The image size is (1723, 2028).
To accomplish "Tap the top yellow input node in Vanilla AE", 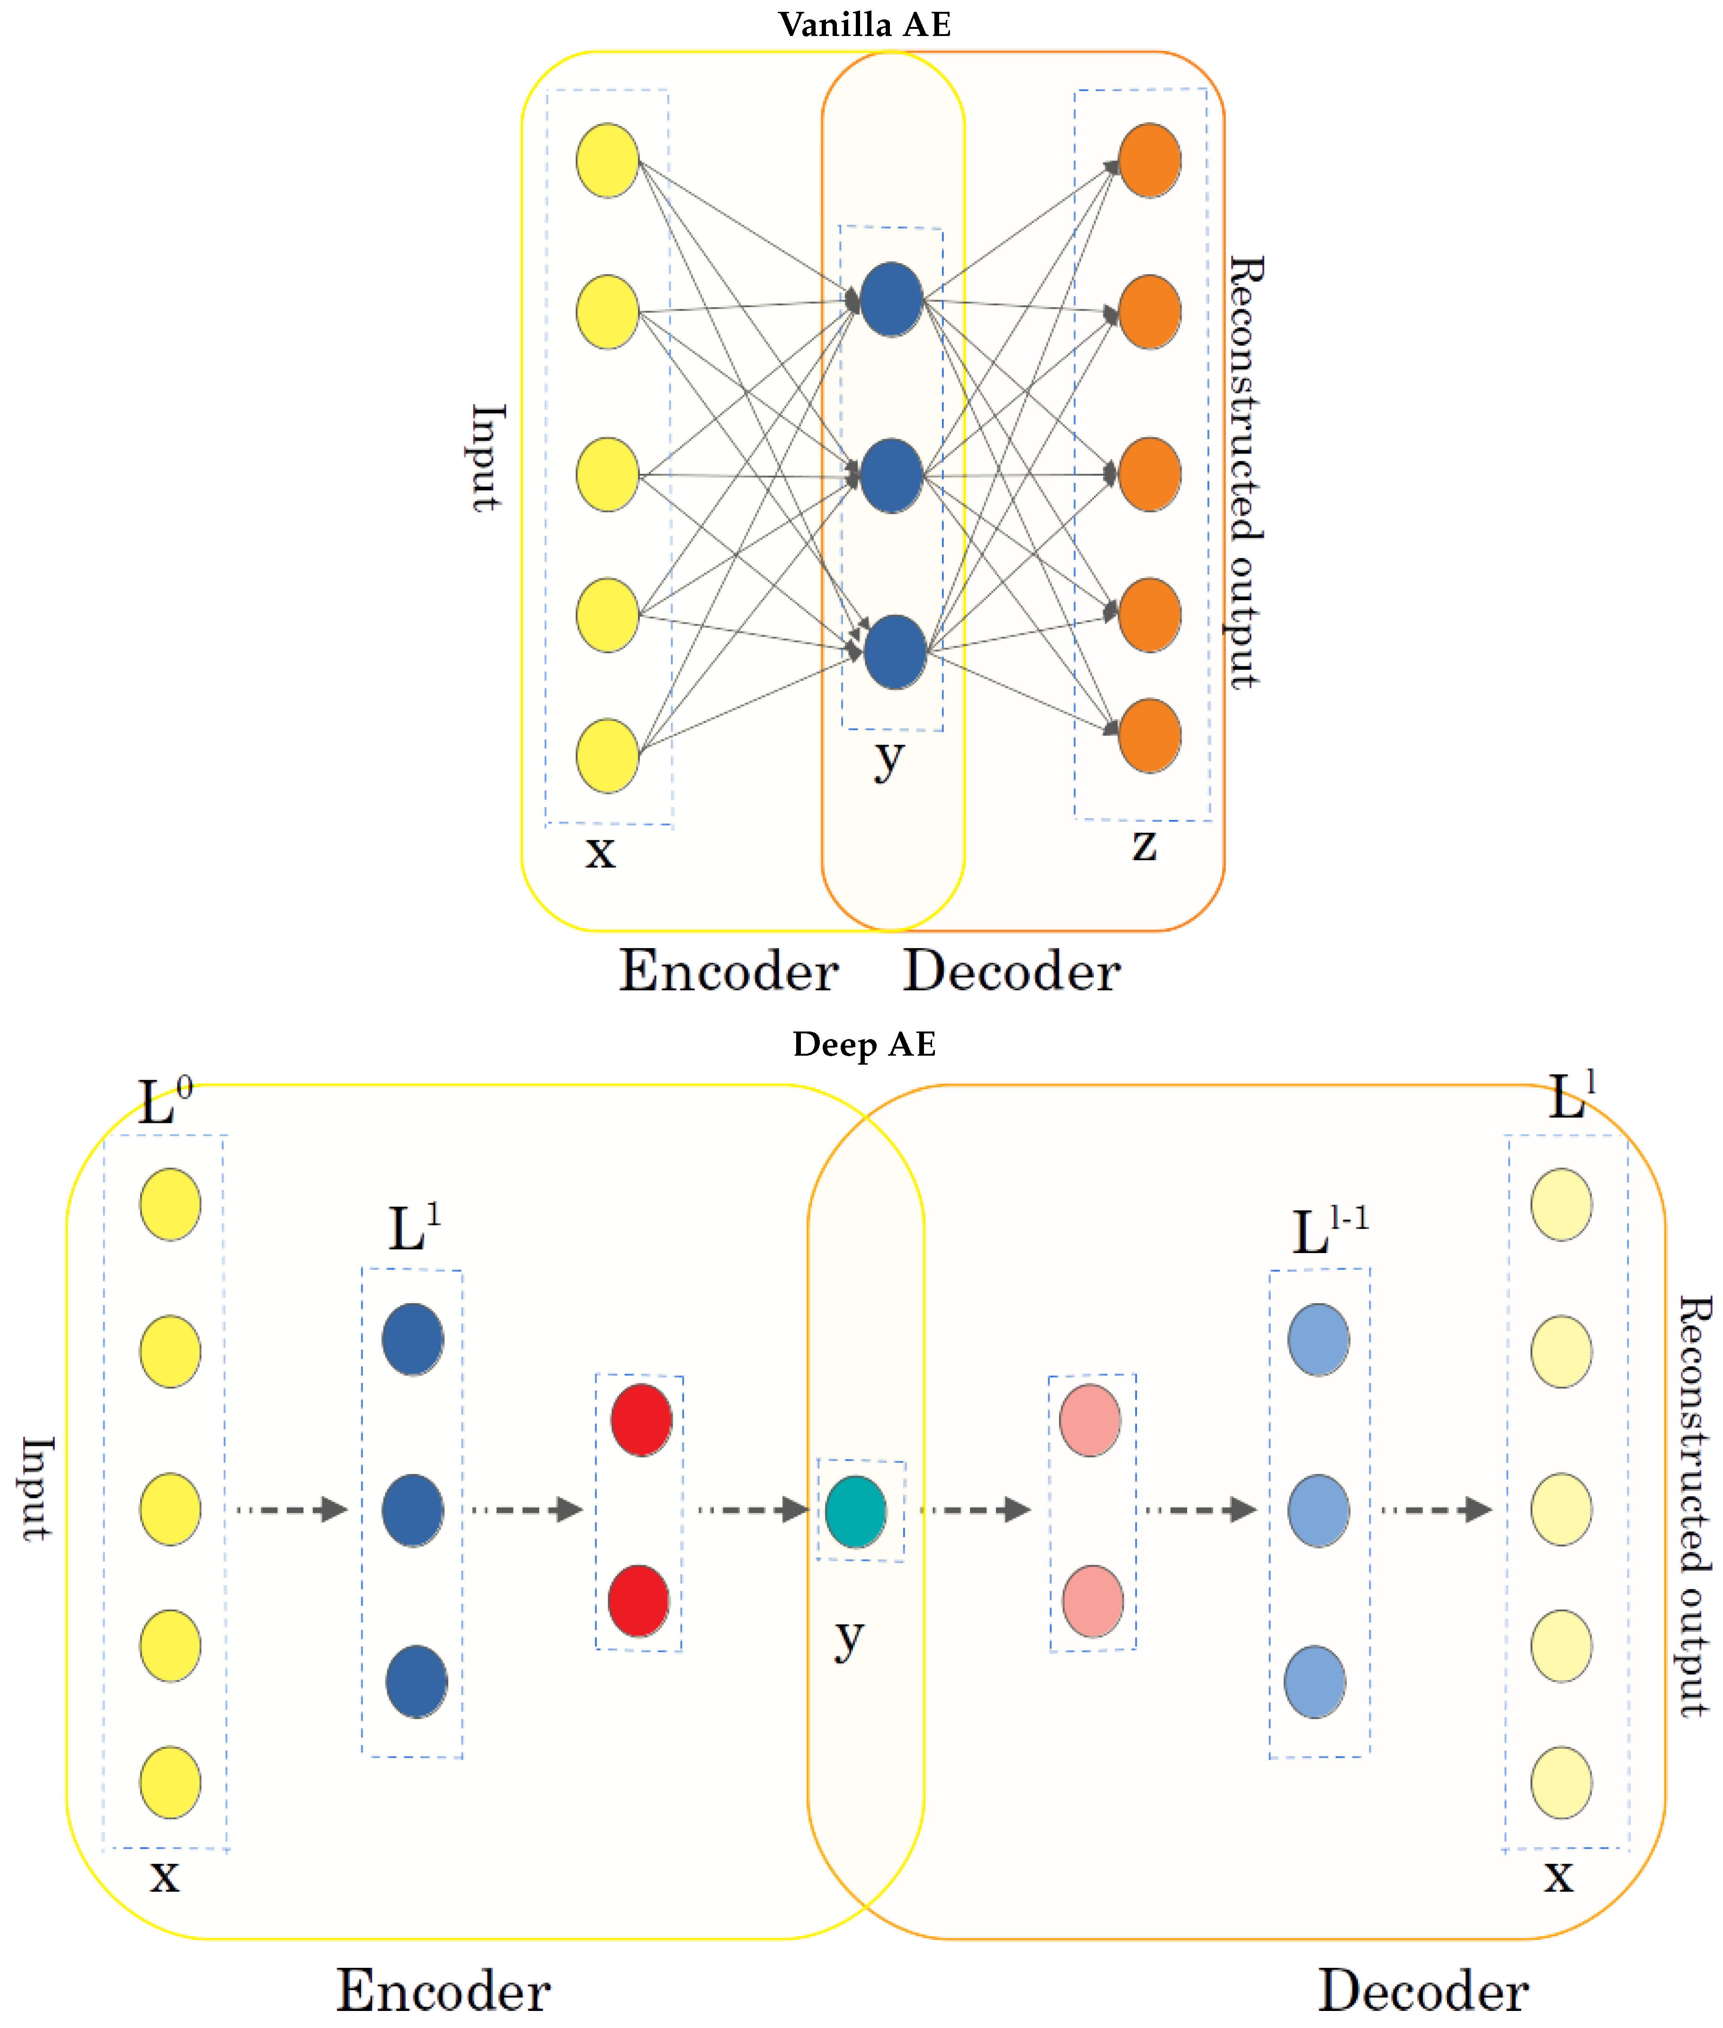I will [x=607, y=160].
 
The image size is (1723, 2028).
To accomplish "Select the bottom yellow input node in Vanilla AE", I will [x=607, y=755].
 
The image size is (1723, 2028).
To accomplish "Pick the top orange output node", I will [x=1150, y=160].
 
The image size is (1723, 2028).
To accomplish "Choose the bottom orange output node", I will [x=1150, y=736].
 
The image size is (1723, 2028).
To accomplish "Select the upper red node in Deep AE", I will [x=641, y=1419].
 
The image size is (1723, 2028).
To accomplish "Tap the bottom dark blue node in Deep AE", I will [x=417, y=1681].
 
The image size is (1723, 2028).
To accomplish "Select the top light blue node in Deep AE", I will [x=1319, y=1339].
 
